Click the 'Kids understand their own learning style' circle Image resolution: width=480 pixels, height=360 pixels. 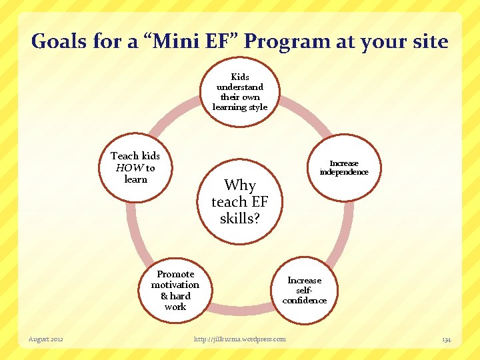[240, 92]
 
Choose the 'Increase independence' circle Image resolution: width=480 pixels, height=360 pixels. [343, 167]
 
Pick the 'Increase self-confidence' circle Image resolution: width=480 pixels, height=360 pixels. [304, 290]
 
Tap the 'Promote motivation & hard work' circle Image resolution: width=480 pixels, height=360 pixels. [175, 290]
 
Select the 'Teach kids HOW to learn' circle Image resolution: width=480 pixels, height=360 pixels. [135, 167]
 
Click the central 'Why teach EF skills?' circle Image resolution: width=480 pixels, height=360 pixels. [239, 201]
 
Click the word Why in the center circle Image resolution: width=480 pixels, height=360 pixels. [240, 185]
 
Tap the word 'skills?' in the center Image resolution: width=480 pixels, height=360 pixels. [239, 218]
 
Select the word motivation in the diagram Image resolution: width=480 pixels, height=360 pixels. [175, 285]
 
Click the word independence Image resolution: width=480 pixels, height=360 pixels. [344, 172]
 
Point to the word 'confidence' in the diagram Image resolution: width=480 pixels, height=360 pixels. [305, 300]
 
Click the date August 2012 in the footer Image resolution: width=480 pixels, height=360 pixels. [46, 339]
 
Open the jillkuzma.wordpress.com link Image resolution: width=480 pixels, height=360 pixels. [240, 339]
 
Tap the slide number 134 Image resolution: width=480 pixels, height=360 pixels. [446, 340]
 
